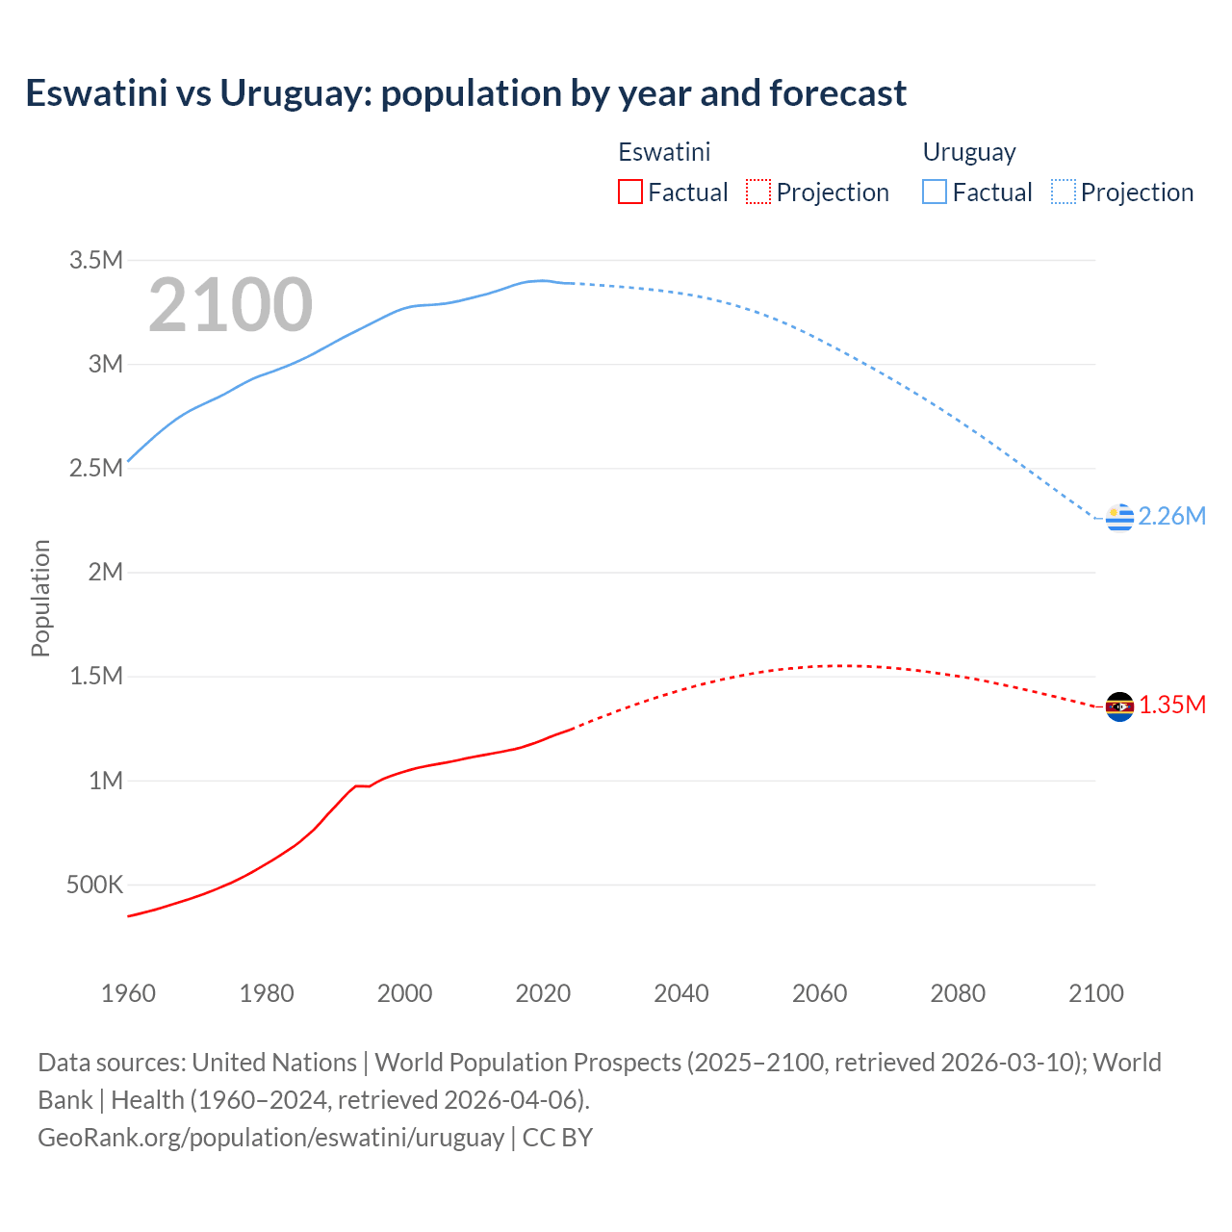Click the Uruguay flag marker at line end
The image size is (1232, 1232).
(x=1119, y=517)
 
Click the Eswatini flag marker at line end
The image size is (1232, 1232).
(x=1119, y=706)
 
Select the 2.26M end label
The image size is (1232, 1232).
(x=1171, y=517)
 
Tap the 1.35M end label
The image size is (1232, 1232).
(x=1172, y=706)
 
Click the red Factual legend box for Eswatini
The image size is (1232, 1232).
(x=629, y=192)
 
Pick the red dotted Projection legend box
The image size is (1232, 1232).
(x=758, y=192)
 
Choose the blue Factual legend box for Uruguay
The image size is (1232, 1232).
(x=934, y=192)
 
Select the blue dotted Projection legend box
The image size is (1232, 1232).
(x=1063, y=192)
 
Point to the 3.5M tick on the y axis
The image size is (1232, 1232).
(x=96, y=260)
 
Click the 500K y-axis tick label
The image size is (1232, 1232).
(x=94, y=885)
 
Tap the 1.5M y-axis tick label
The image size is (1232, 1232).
(x=96, y=677)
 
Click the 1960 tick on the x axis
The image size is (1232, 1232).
(x=128, y=993)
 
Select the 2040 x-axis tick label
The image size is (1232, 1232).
(x=681, y=993)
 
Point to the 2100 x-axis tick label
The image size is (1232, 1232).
(x=1095, y=993)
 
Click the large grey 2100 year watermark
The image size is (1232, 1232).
(x=230, y=305)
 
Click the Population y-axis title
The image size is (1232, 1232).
(x=40, y=598)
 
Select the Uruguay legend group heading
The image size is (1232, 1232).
(x=969, y=152)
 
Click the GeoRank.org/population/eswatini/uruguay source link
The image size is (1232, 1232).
(x=270, y=1138)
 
